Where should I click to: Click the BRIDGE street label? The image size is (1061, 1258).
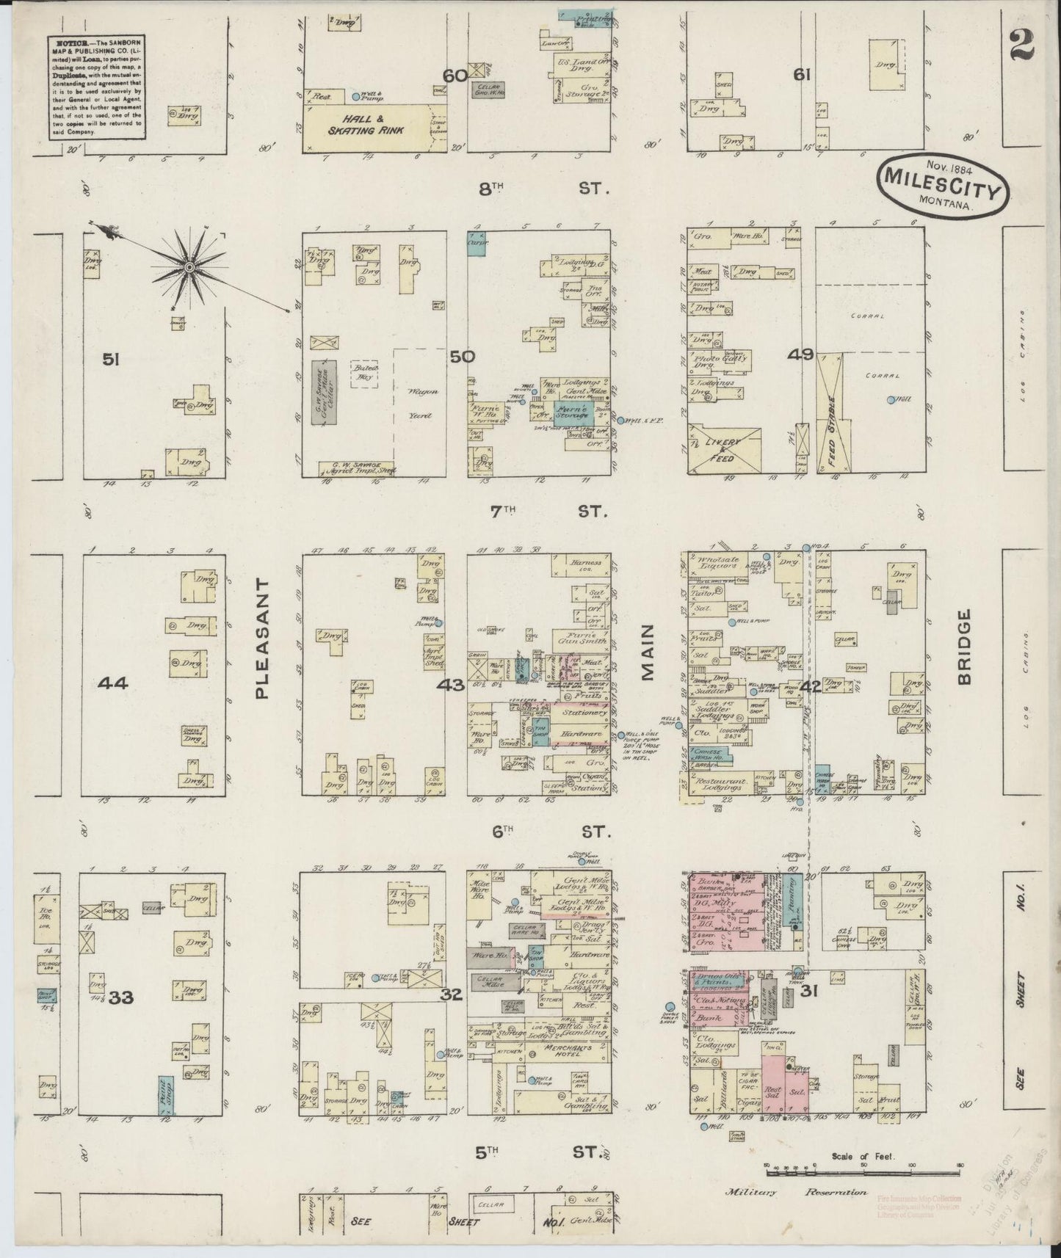pyautogui.click(x=964, y=646)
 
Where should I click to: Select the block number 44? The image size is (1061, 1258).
pyautogui.click(x=113, y=683)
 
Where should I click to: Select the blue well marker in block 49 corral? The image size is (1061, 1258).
pyautogui.click(x=890, y=400)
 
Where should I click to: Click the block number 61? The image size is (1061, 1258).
pyautogui.click(x=801, y=74)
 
